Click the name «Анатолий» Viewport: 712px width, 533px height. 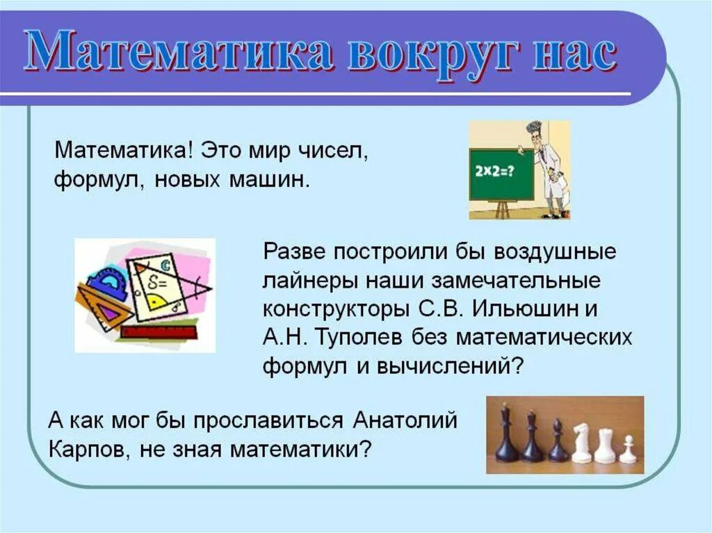pyautogui.click(x=405, y=420)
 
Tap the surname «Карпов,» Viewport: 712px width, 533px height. pyautogui.click(x=90, y=449)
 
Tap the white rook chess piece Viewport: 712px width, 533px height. pyautogui.click(x=604, y=445)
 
